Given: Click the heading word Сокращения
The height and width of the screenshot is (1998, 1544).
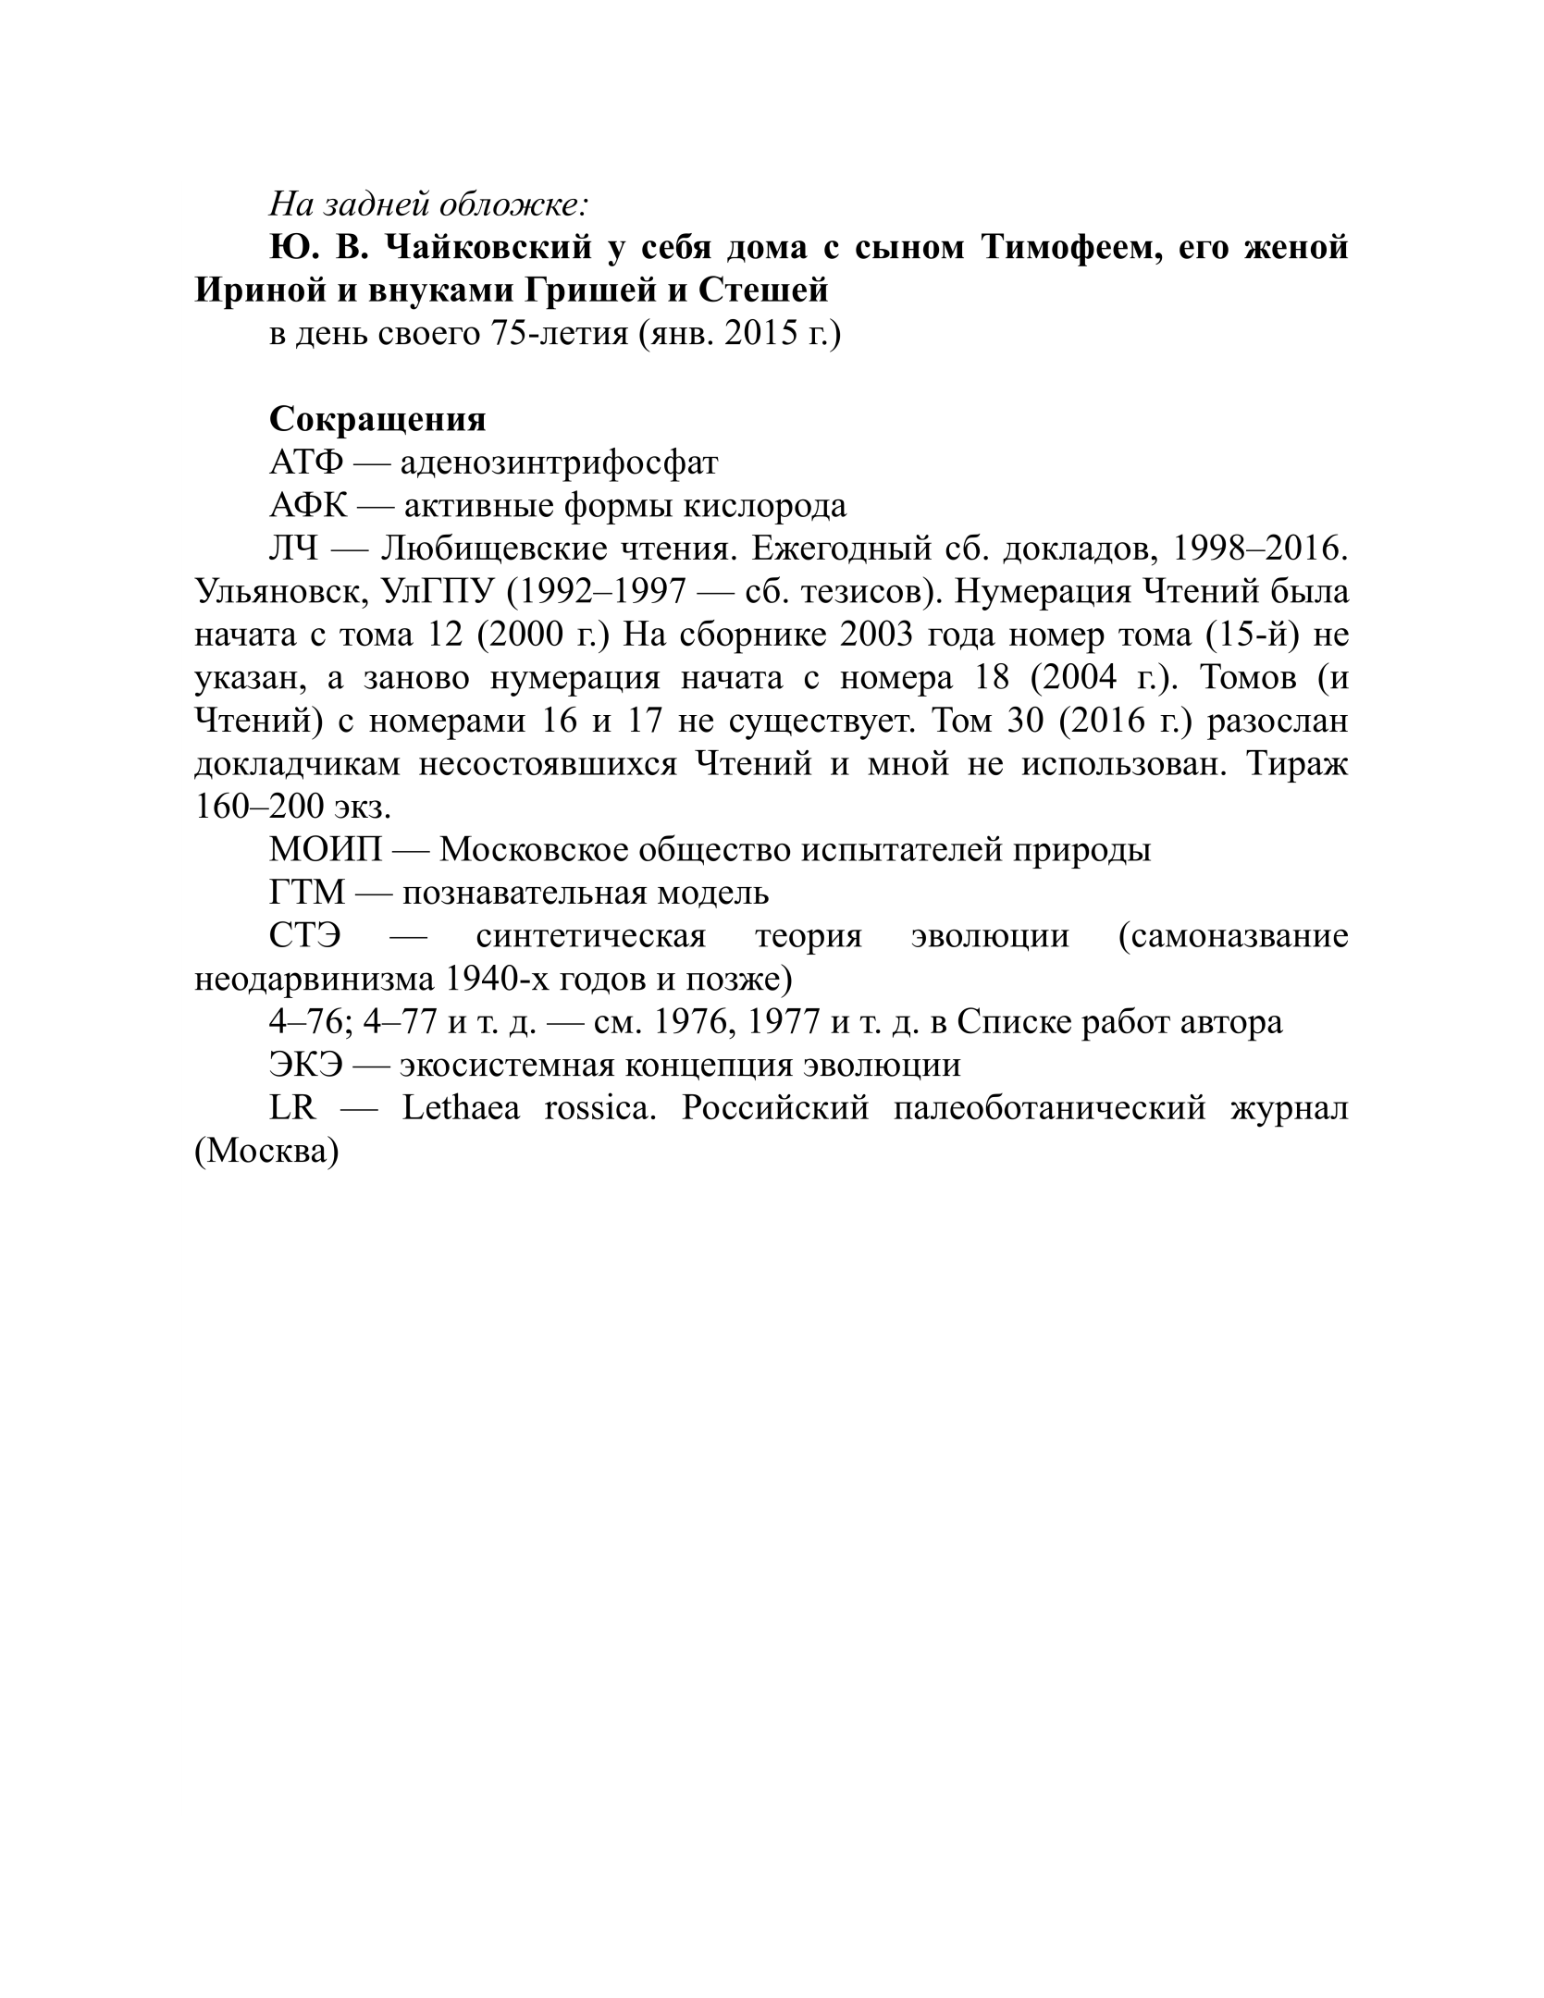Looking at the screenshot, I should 377,419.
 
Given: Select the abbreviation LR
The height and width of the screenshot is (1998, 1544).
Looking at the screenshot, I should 292,1108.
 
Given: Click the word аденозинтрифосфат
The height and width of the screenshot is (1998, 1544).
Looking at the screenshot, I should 559,462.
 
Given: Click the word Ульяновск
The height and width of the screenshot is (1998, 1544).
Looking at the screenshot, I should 278,592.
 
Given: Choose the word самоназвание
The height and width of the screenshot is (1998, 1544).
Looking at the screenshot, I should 1232,936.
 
